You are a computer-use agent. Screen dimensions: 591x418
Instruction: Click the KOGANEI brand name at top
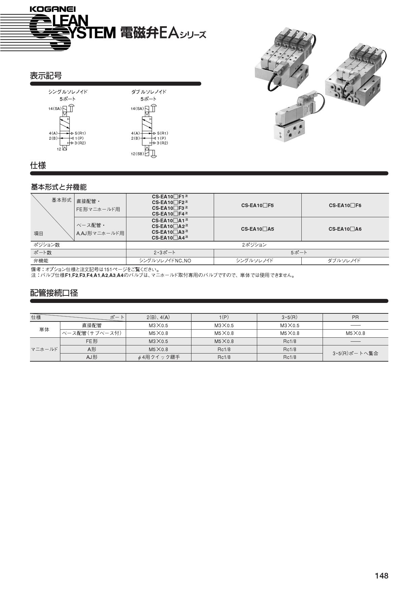[x=53, y=9]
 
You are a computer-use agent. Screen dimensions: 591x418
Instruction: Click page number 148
[x=382, y=576]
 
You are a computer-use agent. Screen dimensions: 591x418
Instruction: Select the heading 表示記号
[x=46, y=76]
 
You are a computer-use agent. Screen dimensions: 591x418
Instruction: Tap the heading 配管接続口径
[x=54, y=293]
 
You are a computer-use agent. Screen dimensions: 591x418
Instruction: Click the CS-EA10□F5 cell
[x=257, y=205]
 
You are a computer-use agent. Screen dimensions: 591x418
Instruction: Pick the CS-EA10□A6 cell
[x=345, y=229]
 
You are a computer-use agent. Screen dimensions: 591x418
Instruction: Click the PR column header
[x=355, y=317]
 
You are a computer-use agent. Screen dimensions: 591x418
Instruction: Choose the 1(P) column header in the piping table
[x=224, y=317]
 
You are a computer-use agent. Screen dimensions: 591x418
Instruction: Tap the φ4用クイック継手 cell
[x=158, y=357]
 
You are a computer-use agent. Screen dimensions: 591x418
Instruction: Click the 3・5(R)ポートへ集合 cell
[x=355, y=354]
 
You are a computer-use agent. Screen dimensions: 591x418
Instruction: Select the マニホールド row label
[x=44, y=349]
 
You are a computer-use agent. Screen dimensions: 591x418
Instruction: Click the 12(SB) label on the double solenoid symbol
[x=137, y=154]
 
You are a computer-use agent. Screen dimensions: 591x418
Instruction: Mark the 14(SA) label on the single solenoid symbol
[x=55, y=109]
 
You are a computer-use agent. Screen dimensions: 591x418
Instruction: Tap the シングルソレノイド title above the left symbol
[x=68, y=92]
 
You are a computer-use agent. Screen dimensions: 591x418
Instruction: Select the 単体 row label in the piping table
[x=44, y=330]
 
